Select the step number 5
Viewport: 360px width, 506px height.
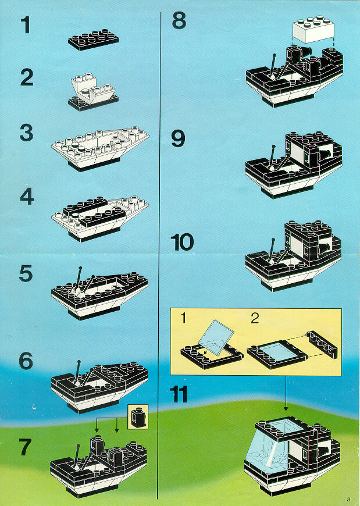pyautogui.click(x=26, y=274)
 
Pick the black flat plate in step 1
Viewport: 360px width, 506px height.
pyautogui.click(x=94, y=40)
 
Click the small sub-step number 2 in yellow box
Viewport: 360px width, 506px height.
pyautogui.click(x=254, y=318)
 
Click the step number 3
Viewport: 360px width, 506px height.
pyautogui.click(x=26, y=133)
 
